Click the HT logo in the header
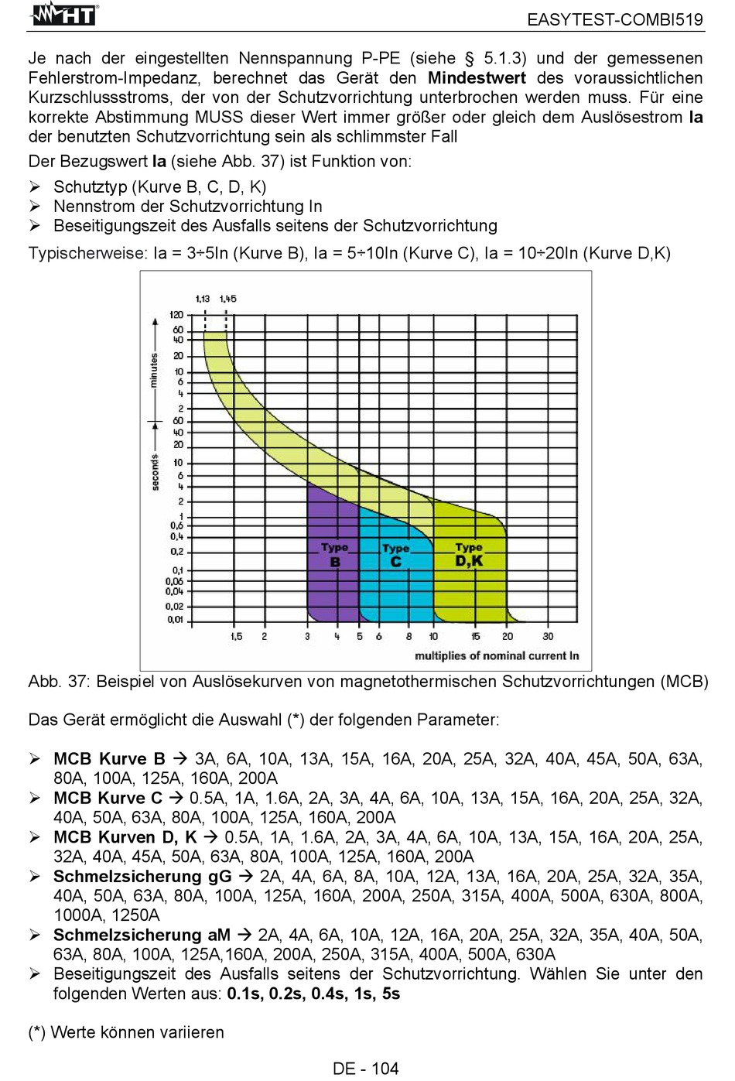coord(63,15)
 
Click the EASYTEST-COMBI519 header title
coord(615,20)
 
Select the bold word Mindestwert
coord(477,77)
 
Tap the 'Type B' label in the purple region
coord(334,555)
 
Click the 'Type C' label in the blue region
coord(395,555)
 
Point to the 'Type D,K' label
coord(469,555)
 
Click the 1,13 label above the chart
coord(203,299)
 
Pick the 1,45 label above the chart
coord(227,299)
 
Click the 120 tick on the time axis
coord(176,315)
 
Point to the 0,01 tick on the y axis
coord(176,620)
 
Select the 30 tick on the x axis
coord(548,636)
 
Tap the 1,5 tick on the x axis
coord(236,636)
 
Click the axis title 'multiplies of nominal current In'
coord(497,656)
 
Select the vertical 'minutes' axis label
coord(154,370)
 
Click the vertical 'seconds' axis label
coord(155,472)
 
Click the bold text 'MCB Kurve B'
coord(110,758)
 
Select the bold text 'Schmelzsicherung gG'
coord(143,876)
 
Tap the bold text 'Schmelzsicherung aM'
coord(142,935)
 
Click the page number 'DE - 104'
coord(366,1069)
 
